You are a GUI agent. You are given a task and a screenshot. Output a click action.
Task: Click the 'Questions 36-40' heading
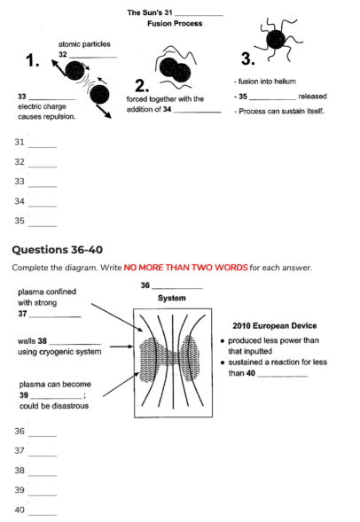[58, 250]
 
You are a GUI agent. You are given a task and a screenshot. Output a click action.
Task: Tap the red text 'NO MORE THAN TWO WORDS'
[185, 268]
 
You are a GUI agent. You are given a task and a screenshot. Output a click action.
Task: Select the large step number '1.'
[33, 60]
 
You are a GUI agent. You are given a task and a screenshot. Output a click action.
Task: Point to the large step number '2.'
[142, 86]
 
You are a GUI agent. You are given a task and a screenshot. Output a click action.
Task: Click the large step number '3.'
[248, 58]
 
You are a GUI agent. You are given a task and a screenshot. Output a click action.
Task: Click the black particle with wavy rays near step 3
[277, 40]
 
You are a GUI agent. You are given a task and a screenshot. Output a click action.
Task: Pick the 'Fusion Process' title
[175, 23]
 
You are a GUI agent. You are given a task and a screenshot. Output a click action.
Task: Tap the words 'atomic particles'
[84, 44]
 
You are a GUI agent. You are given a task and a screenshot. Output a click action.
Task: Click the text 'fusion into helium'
[267, 82]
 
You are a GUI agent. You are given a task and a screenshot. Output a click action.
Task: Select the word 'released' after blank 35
[312, 97]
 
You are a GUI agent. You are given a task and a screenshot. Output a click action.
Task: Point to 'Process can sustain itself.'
[281, 111]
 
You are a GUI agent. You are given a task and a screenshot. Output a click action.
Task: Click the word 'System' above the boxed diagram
[172, 298]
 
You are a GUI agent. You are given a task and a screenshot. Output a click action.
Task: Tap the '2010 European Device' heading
[275, 325]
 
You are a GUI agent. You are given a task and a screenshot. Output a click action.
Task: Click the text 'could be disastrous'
[54, 406]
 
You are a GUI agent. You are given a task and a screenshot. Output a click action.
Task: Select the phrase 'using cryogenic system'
[59, 352]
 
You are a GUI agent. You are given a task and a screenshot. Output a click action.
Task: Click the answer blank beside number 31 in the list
[43, 147]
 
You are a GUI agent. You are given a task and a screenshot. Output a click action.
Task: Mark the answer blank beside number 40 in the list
[43, 515]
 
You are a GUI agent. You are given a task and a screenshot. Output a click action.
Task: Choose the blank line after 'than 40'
[283, 377]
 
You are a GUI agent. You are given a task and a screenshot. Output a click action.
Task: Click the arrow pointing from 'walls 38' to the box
[121, 347]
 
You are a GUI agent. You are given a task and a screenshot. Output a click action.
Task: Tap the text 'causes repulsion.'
[47, 117]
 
